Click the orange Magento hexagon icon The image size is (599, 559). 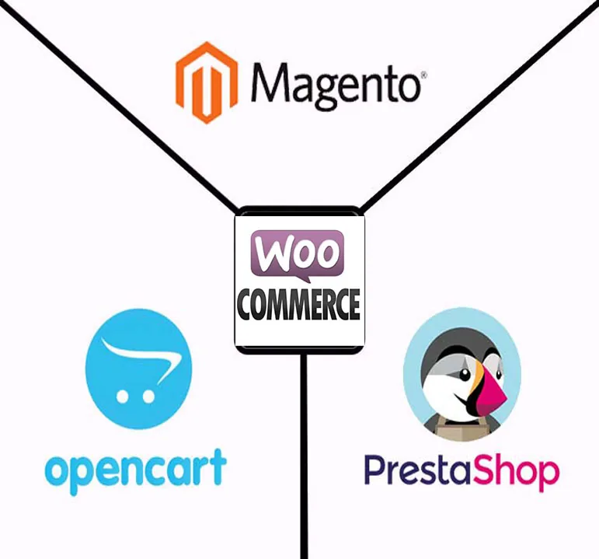(207, 82)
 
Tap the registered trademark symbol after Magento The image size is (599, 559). (423, 75)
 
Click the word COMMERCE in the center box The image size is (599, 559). (298, 304)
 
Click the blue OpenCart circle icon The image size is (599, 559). (138, 369)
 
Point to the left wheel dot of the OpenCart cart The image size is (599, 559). (122, 397)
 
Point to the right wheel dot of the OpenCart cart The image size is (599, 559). (148, 397)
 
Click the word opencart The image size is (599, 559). (136, 471)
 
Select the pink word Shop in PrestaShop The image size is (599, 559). (516, 473)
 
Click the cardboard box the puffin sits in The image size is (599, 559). (461, 428)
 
